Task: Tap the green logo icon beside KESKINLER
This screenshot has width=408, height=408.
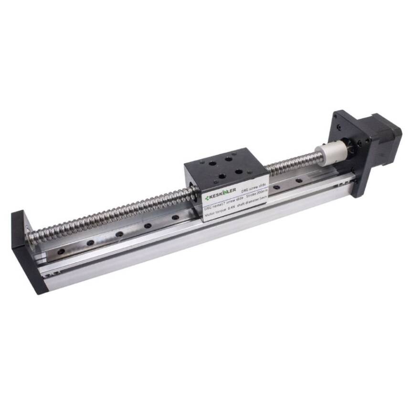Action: tap(207, 198)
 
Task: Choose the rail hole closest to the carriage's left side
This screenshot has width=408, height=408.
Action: tap(176, 218)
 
